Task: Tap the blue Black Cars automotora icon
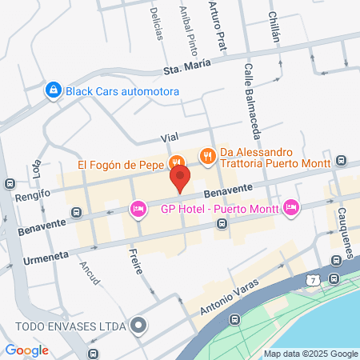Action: (53, 90)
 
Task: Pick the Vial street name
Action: (169, 138)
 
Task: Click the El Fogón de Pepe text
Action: (121, 166)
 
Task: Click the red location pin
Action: (182, 178)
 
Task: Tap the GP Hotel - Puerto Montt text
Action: (218, 210)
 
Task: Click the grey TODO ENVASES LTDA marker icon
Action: (140, 326)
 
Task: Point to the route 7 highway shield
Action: (311, 279)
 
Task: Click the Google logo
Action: (26, 350)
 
